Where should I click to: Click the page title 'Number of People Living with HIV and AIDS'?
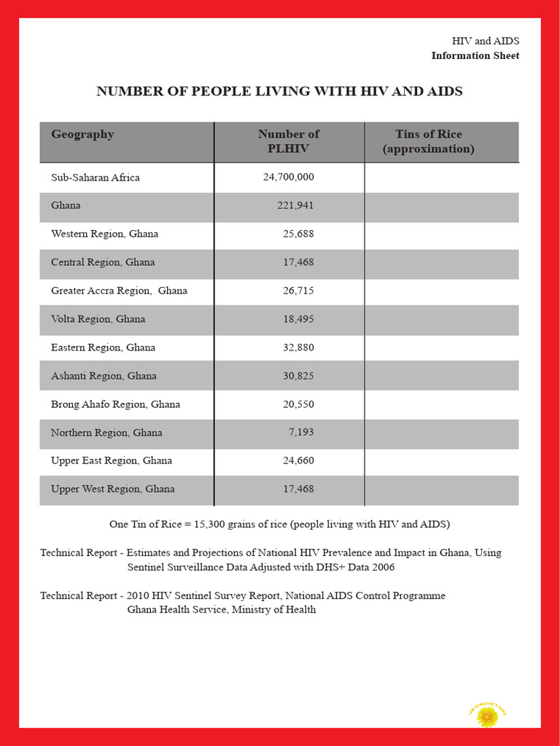pos(279,91)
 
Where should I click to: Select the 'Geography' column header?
pos(82,134)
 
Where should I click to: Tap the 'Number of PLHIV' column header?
pos(289,141)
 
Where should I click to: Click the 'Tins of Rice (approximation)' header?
pos(428,141)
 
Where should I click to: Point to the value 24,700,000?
pos(288,177)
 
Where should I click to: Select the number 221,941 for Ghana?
pos(295,205)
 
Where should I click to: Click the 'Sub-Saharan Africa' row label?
pos(95,177)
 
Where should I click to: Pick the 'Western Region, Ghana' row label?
pos(104,234)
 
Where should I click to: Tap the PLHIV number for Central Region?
pos(298,262)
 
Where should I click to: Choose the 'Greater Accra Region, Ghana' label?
pos(119,291)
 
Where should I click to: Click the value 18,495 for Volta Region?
pos(298,319)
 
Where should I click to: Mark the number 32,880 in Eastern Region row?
pos(298,348)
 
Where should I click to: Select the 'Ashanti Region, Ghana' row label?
pos(104,376)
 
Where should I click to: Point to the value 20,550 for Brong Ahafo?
pos(298,404)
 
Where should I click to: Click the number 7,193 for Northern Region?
pos(301,433)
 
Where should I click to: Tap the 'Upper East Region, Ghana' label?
pos(112,460)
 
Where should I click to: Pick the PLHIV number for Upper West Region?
pos(298,489)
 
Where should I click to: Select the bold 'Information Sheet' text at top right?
pos(475,56)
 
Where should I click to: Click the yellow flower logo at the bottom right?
pos(486,716)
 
